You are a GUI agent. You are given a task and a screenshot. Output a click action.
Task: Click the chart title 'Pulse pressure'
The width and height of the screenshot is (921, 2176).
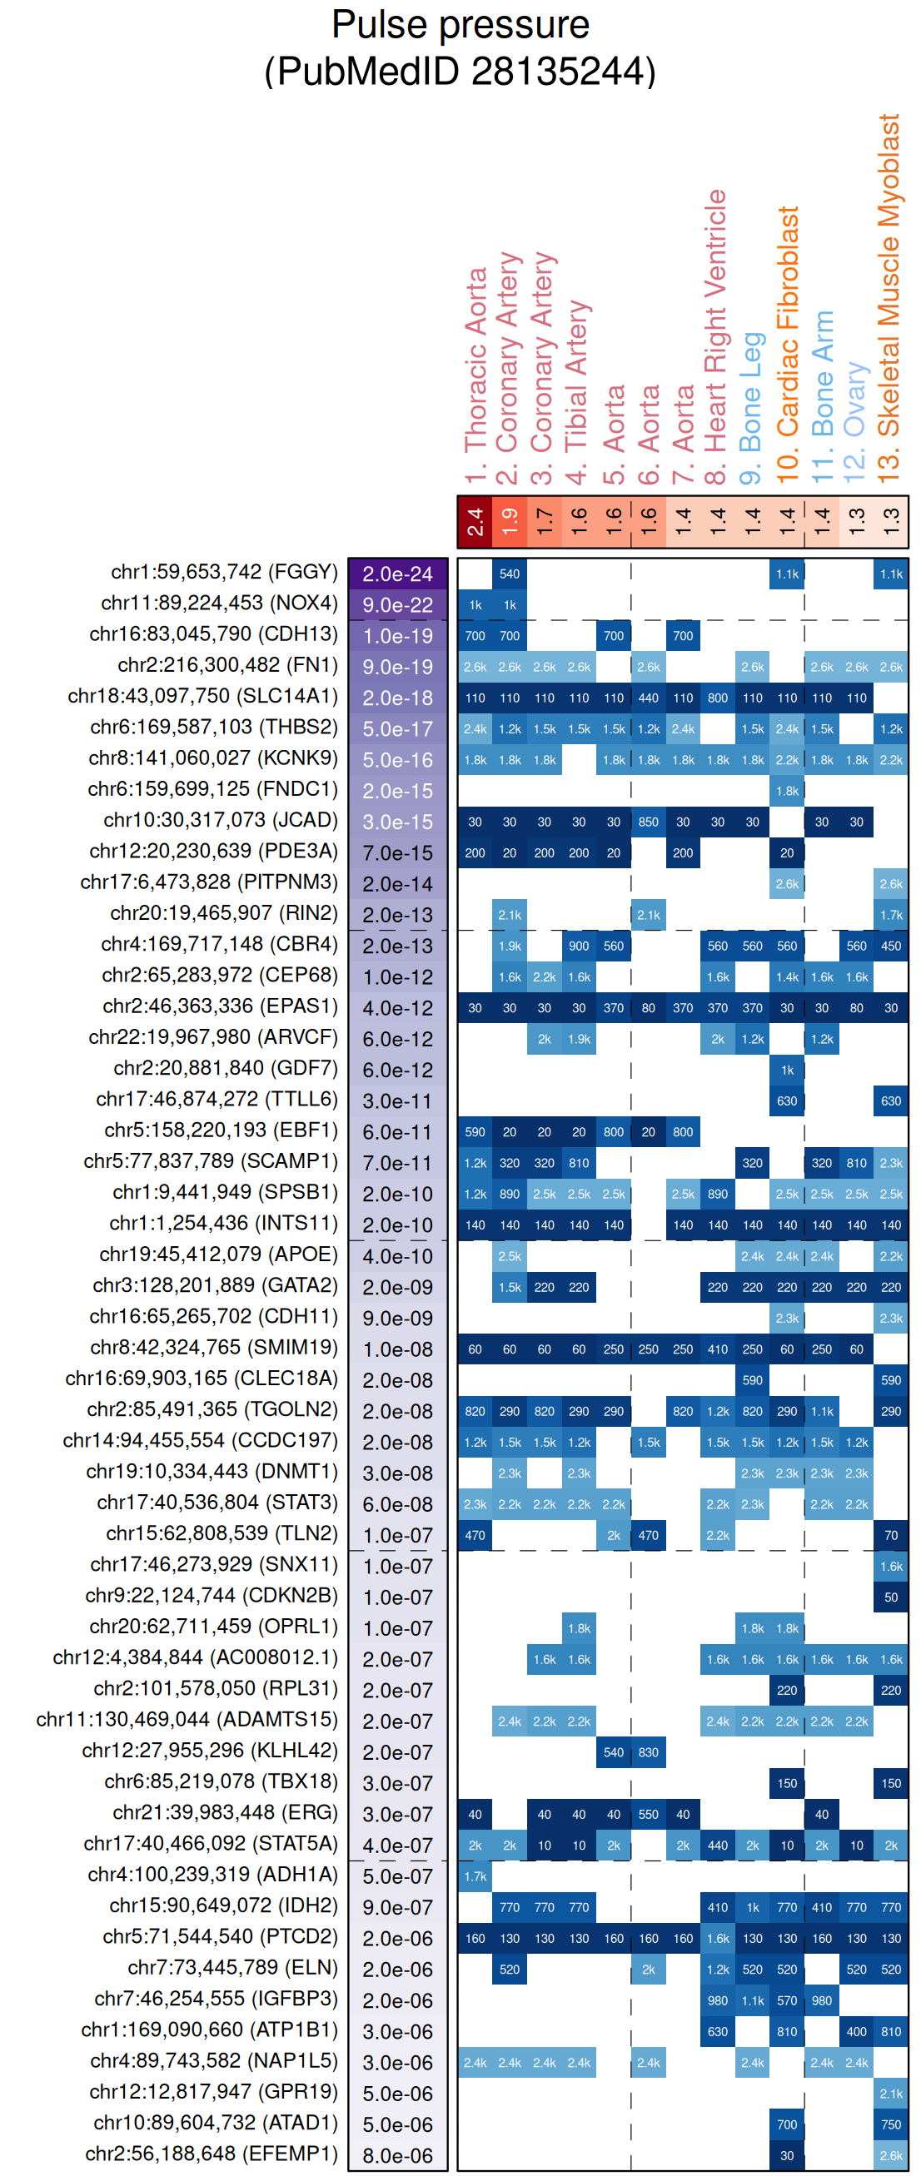click(460, 24)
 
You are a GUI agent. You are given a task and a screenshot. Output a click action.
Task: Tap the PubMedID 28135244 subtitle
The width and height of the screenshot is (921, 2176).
click(460, 71)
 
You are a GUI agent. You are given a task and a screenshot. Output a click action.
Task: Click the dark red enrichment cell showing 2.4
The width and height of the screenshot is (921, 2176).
click(475, 521)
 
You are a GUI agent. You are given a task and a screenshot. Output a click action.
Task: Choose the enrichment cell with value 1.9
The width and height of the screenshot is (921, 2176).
click(510, 521)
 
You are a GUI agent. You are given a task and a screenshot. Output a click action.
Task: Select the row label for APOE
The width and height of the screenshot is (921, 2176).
click(218, 1254)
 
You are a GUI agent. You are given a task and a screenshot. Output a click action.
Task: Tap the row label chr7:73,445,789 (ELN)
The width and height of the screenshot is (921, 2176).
click(232, 1967)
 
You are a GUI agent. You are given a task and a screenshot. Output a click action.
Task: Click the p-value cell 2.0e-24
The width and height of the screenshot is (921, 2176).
click(397, 574)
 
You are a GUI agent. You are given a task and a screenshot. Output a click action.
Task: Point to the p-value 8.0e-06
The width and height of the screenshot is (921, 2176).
click(397, 2155)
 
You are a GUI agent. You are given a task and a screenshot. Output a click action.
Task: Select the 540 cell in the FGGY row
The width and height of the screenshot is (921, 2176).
click(510, 574)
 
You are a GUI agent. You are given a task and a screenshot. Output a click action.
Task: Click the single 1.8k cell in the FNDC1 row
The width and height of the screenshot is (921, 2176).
click(787, 791)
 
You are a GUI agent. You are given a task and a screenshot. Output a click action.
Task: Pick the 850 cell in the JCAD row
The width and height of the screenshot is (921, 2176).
click(648, 822)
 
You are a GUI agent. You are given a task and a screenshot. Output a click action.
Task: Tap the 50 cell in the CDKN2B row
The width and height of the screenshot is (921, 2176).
click(890, 1597)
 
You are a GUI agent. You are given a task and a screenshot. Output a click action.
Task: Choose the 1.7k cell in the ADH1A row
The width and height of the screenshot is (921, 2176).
click(475, 1876)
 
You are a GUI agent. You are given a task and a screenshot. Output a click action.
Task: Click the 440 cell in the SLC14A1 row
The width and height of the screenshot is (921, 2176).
click(648, 698)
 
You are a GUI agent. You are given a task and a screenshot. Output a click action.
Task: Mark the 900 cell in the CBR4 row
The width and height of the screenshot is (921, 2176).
click(579, 946)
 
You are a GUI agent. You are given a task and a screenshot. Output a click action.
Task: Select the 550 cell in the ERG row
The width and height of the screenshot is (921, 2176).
click(648, 1815)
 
